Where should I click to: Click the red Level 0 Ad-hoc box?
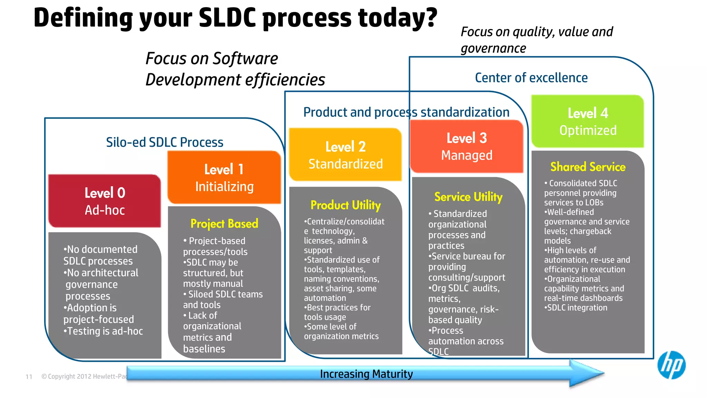point(105,201)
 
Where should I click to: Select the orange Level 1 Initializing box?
point(224,178)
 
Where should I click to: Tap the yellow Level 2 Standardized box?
point(345,155)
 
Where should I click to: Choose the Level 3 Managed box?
point(467,146)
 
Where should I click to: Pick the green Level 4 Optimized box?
point(588,122)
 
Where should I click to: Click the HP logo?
point(671,365)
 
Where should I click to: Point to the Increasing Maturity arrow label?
point(366,374)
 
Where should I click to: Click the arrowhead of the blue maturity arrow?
point(587,373)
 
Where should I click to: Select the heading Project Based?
point(224,224)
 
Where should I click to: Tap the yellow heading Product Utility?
point(346,205)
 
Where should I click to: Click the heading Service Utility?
point(468,197)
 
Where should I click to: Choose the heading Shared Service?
point(588,167)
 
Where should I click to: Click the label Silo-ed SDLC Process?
point(165,142)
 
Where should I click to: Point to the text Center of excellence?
point(531,78)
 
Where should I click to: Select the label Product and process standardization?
point(406,112)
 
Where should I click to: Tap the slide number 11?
point(29,377)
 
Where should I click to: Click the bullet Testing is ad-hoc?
point(103,331)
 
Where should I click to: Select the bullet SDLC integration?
point(576,307)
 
